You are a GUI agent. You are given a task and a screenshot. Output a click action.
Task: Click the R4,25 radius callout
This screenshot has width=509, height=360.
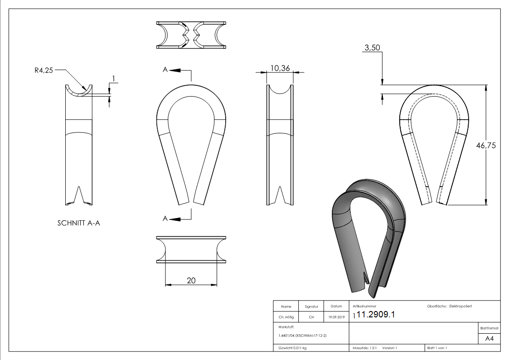point(44,70)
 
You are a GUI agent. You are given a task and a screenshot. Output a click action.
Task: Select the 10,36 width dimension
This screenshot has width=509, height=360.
point(280,68)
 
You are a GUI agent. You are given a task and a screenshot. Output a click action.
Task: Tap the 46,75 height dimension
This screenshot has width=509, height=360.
point(486,146)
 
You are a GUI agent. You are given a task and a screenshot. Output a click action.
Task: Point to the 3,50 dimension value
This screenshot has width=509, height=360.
point(372,48)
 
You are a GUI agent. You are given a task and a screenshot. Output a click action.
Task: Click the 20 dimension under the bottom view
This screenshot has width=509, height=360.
point(191,281)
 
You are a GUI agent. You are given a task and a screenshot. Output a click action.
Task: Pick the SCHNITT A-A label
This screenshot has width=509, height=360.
point(78,223)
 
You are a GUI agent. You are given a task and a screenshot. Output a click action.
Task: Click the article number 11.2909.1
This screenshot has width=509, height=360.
point(376,315)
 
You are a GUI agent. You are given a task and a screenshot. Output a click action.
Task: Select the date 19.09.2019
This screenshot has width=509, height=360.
point(336,317)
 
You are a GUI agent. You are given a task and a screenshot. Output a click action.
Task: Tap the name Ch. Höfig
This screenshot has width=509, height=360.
point(286,317)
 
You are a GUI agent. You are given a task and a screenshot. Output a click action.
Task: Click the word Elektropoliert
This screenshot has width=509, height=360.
point(461,306)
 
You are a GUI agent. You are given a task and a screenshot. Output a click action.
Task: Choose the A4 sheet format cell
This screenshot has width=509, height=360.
point(489,339)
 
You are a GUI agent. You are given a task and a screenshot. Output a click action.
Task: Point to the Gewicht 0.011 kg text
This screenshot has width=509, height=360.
point(292,348)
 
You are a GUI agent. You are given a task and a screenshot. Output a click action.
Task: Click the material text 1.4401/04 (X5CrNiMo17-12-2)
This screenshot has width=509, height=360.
point(302,336)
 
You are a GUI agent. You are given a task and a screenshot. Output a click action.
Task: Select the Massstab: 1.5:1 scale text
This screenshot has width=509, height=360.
point(364,348)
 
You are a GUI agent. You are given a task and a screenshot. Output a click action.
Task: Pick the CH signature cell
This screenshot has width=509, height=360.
point(311,317)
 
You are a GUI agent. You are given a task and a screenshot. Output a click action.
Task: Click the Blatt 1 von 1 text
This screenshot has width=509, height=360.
point(437,348)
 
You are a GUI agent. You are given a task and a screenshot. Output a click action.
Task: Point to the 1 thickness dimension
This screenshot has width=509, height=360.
point(114,78)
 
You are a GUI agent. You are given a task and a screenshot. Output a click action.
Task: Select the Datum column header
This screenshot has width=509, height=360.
point(336,306)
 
